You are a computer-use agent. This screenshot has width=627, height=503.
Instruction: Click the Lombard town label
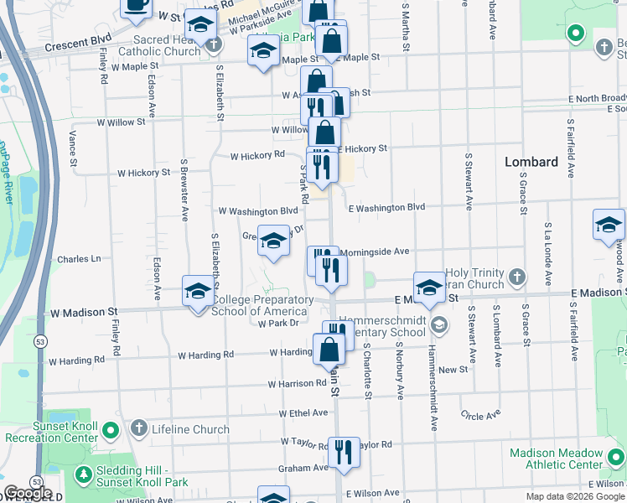point(531,162)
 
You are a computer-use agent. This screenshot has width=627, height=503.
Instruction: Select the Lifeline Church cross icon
point(140,429)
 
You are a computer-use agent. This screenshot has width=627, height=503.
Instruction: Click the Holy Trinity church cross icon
point(518,276)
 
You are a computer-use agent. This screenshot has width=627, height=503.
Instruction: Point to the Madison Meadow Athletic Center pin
point(616,458)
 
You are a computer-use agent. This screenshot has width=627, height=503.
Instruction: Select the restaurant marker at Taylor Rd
point(344,452)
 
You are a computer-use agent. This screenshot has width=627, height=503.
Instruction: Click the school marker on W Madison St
point(198,291)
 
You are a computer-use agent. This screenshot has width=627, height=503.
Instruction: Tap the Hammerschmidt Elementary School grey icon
point(438,324)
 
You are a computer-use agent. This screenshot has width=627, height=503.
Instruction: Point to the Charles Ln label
point(79,259)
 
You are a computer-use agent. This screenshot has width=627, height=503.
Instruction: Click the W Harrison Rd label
point(297,383)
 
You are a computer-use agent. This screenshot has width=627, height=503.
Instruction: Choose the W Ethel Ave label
point(303,412)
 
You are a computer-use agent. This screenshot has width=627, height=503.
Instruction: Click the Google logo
point(28,493)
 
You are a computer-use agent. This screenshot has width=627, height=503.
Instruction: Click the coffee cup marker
point(136,6)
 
